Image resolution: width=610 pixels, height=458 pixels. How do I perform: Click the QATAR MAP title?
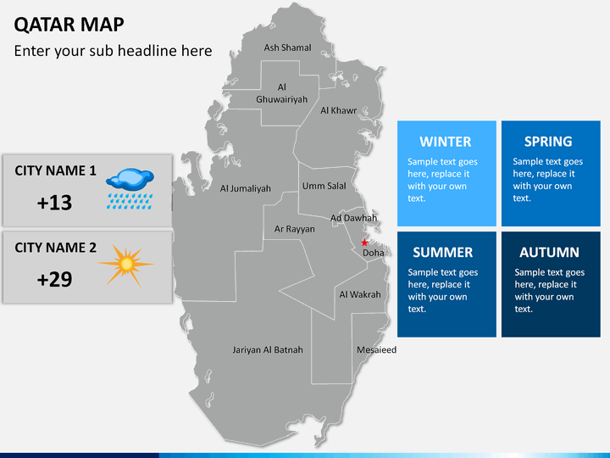pos(69,24)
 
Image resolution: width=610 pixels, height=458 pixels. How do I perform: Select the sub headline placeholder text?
pos(113,51)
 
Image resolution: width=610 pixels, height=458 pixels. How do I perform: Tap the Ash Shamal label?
pos(287,47)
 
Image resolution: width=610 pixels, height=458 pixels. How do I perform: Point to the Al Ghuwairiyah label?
pos(282,93)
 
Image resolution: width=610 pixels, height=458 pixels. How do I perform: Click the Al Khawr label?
pos(338,110)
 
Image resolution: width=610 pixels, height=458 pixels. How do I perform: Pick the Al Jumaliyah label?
pos(246,188)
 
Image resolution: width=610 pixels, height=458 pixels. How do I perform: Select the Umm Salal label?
pos(324,186)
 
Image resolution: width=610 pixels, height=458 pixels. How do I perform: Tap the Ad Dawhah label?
pos(353,218)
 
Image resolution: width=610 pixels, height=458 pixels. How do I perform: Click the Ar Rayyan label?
pos(294,229)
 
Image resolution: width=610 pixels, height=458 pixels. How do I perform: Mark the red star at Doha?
pos(365,243)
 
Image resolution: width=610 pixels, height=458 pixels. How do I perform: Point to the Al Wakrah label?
pos(360,294)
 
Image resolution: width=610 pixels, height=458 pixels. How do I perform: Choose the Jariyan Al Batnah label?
pos(268,349)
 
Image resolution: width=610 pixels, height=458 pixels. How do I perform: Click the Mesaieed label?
pos(376,349)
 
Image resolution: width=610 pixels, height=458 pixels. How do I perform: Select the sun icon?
pos(126,265)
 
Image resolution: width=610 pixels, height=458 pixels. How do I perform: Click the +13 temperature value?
pos(55,203)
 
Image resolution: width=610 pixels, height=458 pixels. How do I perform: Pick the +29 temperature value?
pos(55,279)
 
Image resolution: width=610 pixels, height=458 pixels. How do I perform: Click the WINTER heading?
pos(445,142)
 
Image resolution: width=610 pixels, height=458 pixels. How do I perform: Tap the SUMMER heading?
pos(442,252)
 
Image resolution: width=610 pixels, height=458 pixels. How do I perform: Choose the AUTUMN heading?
pos(549,252)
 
